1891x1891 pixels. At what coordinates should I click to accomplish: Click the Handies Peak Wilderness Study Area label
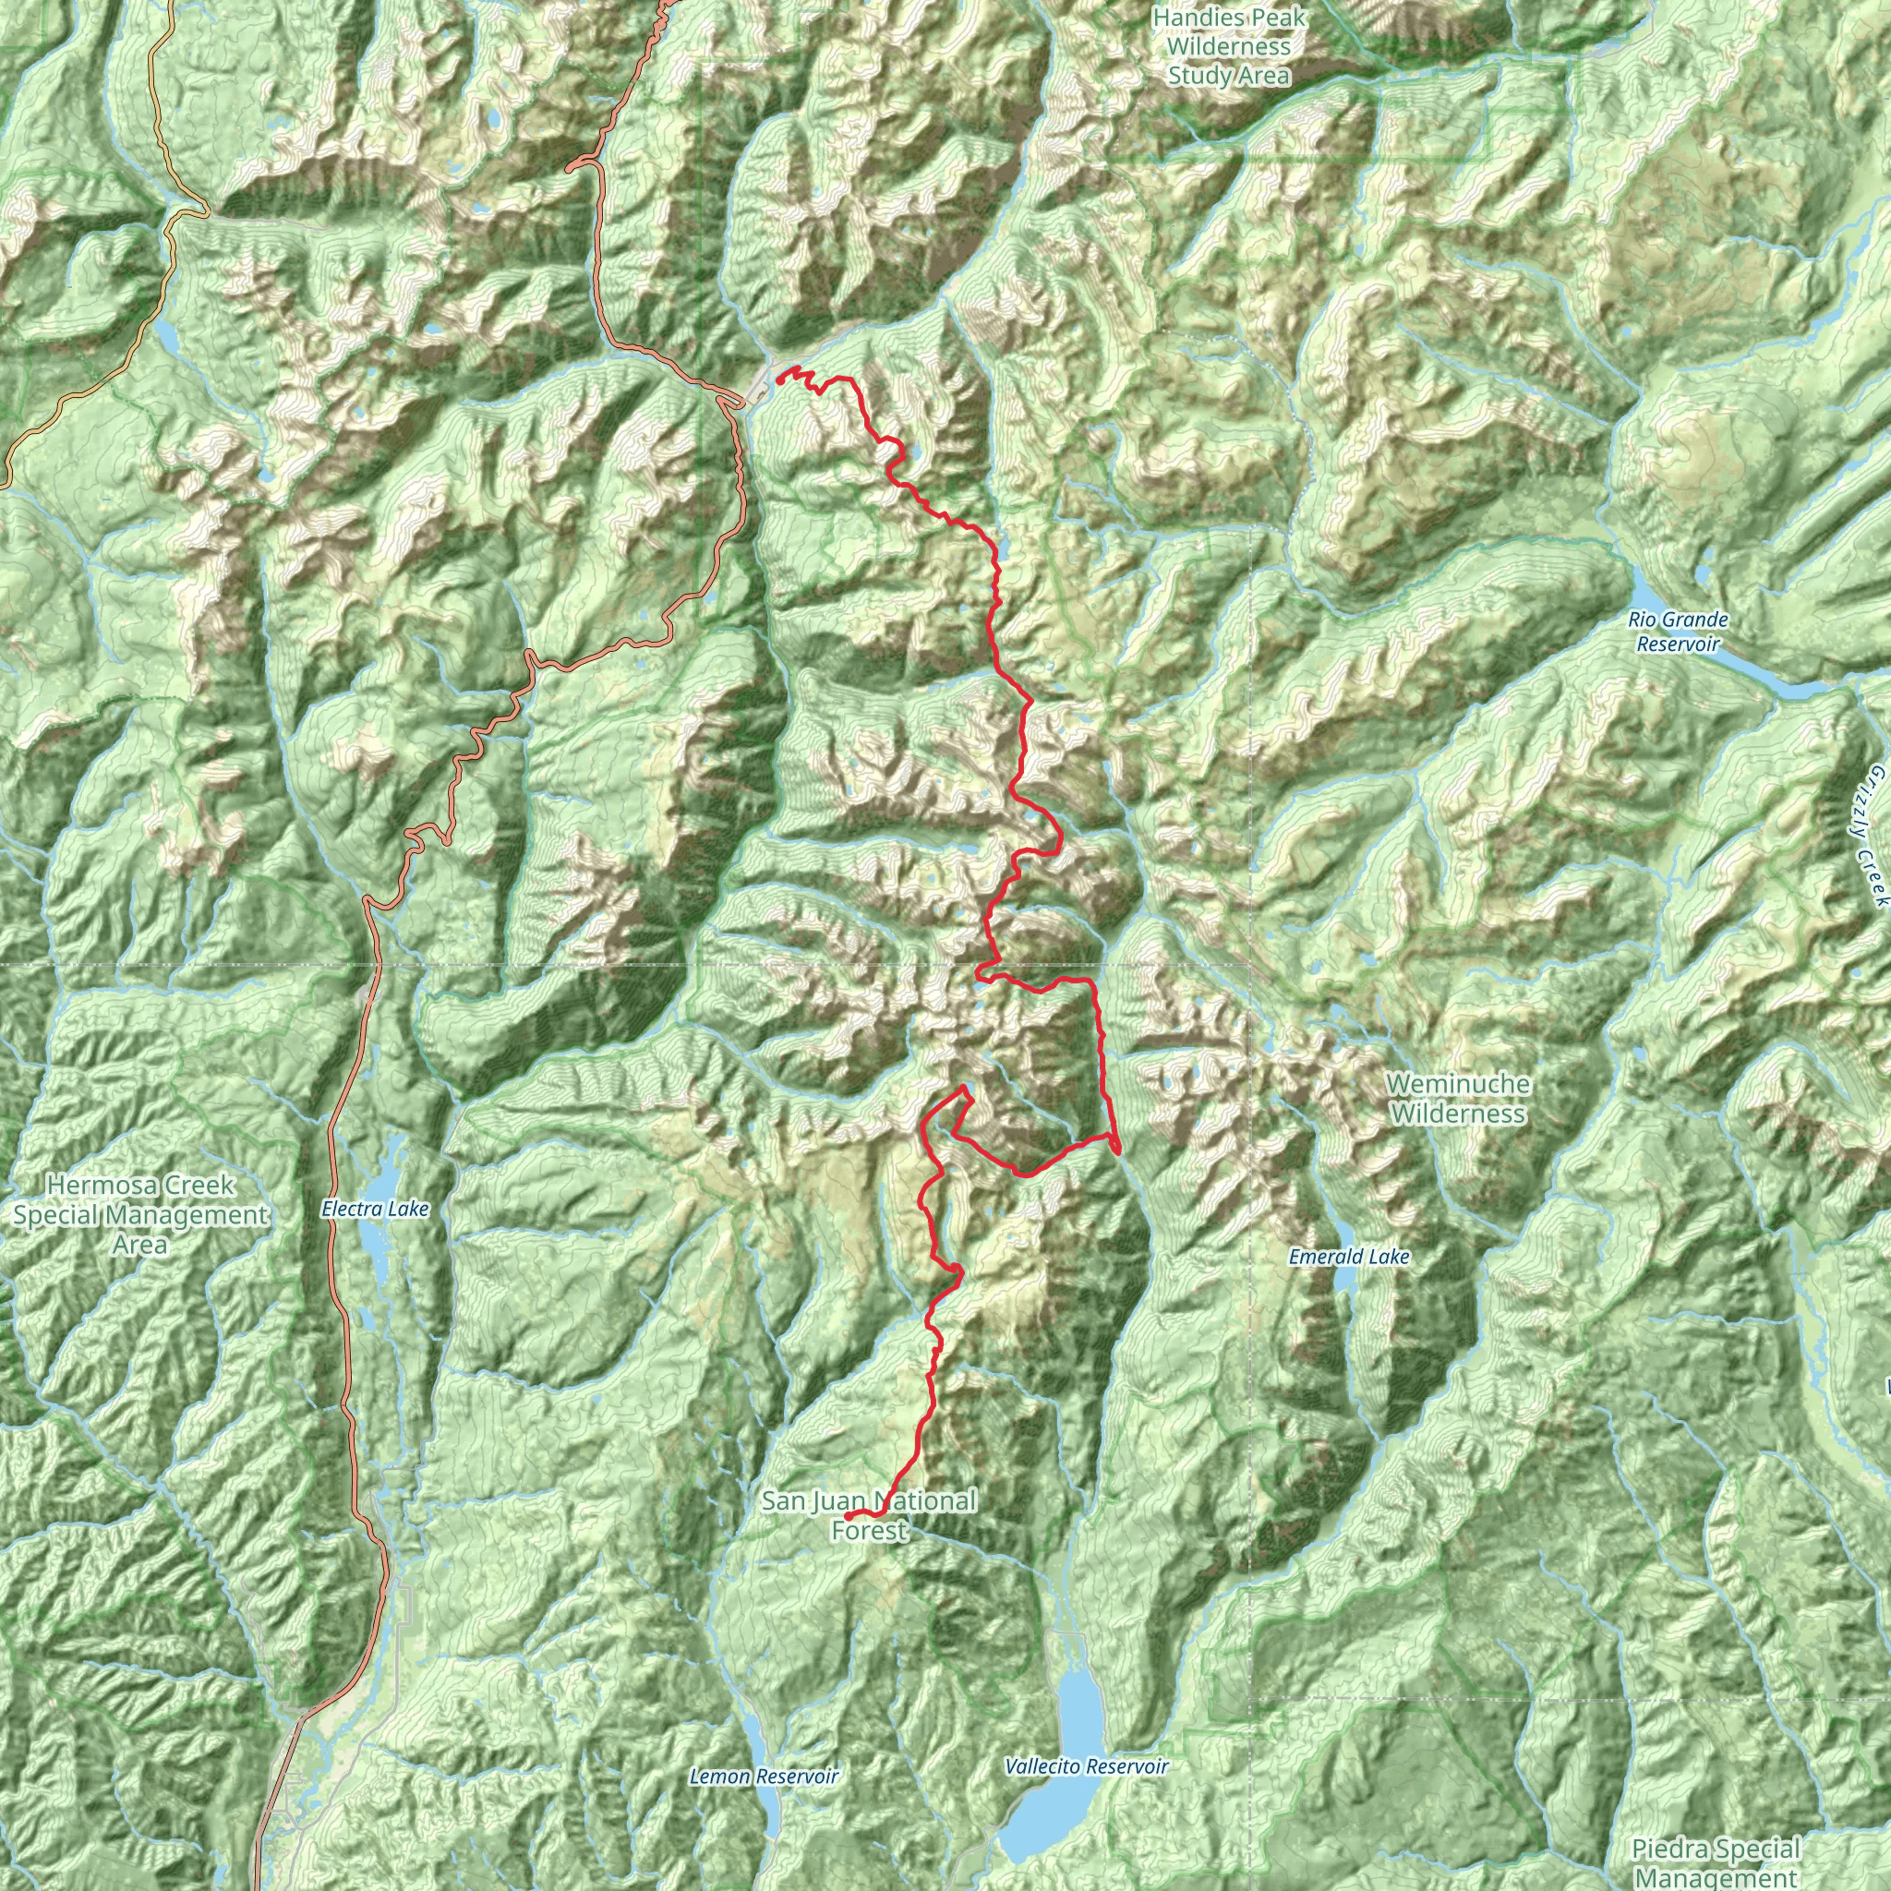1228,46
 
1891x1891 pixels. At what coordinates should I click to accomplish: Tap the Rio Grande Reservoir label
1678,632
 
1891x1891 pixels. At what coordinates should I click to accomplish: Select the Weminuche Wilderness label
1457,1098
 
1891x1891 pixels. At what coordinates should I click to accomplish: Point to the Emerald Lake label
1349,1257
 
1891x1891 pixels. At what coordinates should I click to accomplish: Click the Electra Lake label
375,1210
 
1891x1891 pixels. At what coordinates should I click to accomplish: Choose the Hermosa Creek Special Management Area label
139,1215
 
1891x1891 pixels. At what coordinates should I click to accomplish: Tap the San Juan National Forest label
869,1514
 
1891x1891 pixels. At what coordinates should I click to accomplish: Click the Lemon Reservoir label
764,1777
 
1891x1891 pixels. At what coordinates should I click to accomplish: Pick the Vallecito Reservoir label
1087,1766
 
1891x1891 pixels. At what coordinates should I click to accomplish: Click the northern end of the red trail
778,377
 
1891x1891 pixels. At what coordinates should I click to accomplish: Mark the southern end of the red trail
846,1516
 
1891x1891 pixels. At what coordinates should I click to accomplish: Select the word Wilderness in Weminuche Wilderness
1457,1114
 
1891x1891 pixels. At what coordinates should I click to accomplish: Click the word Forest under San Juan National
869,1530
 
